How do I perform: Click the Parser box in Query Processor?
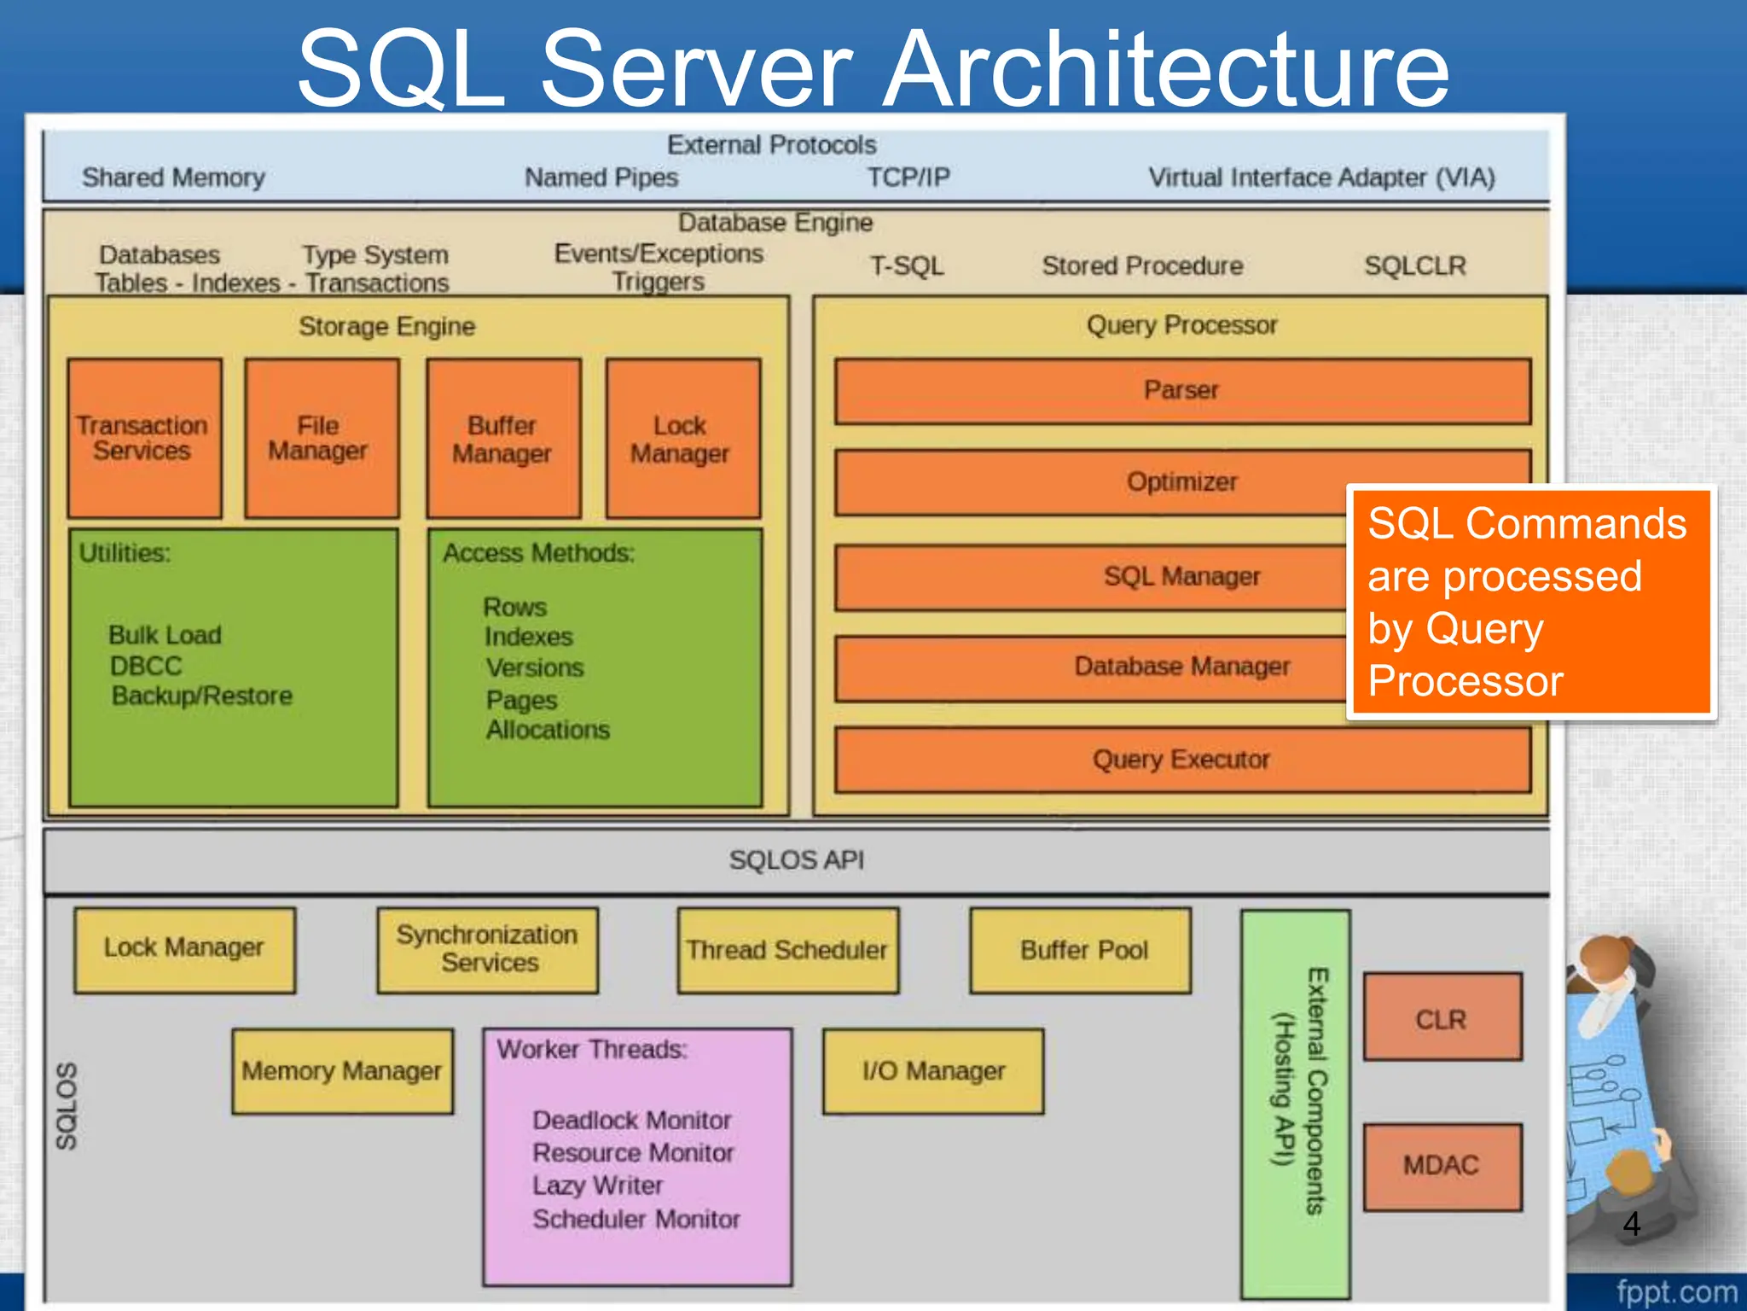[x=1182, y=391]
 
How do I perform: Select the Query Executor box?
[x=1182, y=760]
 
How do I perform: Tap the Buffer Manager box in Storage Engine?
[x=503, y=439]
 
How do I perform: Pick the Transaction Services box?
[x=144, y=439]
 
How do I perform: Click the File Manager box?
[x=321, y=439]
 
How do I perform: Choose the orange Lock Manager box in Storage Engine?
[x=682, y=439]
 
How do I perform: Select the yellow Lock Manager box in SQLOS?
[x=184, y=949]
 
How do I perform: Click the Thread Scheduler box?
[x=787, y=950]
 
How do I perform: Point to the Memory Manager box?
[x=342, y=1071]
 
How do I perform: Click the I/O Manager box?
[x=933, y=1071]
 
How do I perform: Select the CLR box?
[x=1442, y=1017]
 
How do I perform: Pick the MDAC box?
[x=1442, y=1166]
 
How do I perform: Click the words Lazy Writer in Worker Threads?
[x=597, y=1186]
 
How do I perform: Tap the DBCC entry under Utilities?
[x=146, y=666]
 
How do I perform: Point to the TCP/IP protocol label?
[x=908, y=178]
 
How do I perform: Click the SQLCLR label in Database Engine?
[x=1414, y=265]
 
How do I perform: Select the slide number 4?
[x=1631, y=1224]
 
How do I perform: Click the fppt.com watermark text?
[x=1676, y=1291]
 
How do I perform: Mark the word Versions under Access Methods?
[x=535, y=667]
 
